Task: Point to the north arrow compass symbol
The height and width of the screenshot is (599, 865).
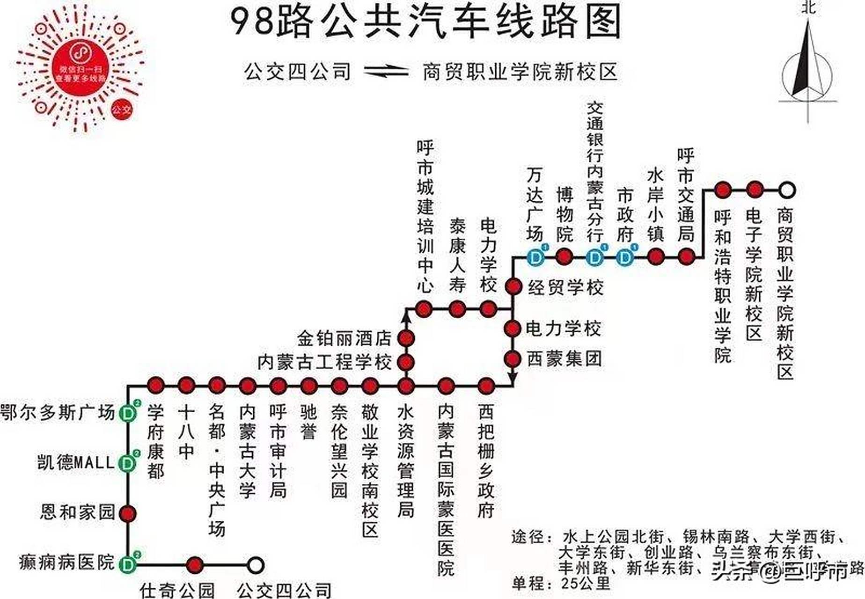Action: coord(808,66)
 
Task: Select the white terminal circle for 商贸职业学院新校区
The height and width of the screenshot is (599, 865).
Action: coord(787,190)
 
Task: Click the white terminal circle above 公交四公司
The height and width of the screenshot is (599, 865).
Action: coord(255,565)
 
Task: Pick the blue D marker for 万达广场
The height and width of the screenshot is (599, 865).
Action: coord(535,257)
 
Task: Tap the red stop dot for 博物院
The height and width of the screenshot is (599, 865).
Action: coord(564,256)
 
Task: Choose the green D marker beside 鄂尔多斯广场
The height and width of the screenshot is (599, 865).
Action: coord(127,414)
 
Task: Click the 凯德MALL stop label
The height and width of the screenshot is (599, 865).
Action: coord(76,463)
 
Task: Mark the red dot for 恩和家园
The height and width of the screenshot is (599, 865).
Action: coord(127,513)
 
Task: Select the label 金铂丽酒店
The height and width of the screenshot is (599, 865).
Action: coord(344,337)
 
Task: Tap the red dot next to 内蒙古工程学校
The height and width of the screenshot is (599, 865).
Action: coord(406,362)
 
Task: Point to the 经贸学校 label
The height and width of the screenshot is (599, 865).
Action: coord(565,287)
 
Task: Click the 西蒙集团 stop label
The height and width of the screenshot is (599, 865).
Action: coord(564,359)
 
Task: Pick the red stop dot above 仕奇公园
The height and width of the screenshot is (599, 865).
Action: coord(195,565)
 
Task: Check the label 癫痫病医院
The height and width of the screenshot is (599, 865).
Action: coord(67,562)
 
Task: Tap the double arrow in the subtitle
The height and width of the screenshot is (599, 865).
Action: coord(387,72)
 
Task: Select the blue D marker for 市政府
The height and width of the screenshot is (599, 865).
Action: coord(625,257)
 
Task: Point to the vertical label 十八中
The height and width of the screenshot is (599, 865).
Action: coord(186,432)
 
